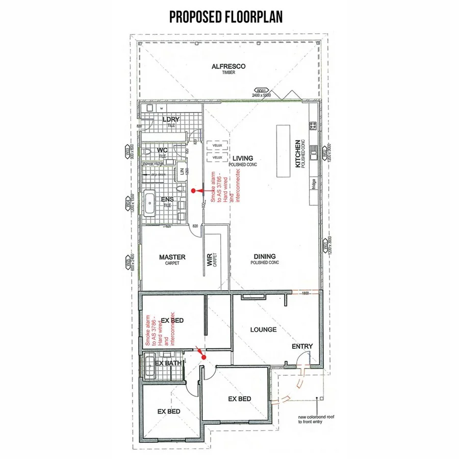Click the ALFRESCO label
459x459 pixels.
pos(228,66)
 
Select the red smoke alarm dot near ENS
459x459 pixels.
pos(193,191)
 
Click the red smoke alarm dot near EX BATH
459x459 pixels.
pos(203,357)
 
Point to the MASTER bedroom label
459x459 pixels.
pos(172,257)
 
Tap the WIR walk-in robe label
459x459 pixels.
pos(210,260)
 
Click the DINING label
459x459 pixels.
pos(264,257)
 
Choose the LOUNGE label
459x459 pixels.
pos(263,329)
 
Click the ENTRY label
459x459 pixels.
pos(302,346)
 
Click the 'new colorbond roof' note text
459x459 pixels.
pos(316,416)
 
